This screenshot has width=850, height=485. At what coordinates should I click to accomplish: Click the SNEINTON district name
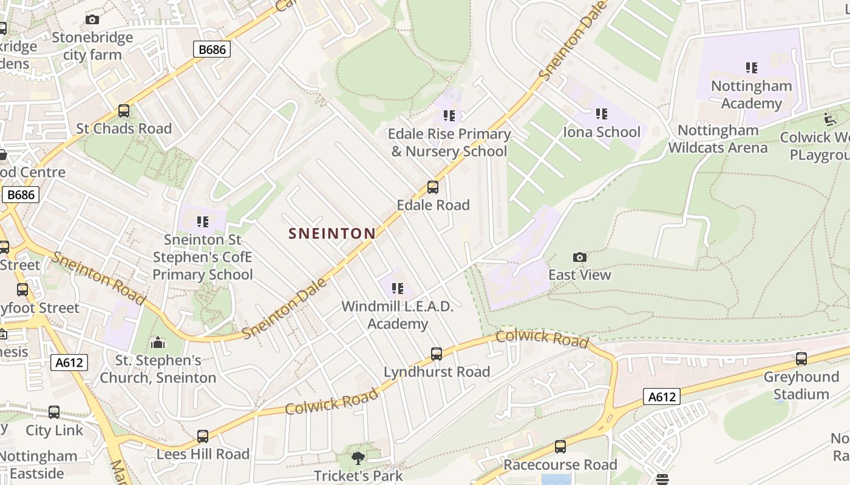332,233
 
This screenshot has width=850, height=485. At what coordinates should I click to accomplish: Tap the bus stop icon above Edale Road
432,187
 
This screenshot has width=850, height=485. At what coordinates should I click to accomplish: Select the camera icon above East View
580,258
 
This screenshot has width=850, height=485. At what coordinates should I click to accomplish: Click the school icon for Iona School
601,114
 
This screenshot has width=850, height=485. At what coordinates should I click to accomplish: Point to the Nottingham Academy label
751,95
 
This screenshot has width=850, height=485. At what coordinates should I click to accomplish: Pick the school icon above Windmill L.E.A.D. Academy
398,289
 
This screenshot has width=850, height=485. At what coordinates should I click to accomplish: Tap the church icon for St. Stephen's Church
158,343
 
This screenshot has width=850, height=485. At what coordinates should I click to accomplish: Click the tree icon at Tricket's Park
358,458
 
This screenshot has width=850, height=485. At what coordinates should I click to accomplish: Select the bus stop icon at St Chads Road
124,111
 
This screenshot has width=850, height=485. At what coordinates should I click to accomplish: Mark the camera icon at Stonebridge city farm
92,20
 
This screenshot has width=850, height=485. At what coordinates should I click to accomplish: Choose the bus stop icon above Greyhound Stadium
801,359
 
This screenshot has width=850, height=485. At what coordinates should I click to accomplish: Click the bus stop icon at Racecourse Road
560,447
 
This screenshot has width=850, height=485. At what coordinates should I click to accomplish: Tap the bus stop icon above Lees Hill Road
202,436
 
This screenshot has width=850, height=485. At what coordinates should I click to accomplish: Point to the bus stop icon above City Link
54,413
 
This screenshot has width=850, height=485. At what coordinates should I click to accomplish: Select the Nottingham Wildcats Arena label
718,139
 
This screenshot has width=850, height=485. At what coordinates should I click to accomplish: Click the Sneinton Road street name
97,278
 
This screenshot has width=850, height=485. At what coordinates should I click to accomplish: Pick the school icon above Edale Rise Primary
449,116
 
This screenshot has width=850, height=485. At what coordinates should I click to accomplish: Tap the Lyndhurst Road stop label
437,372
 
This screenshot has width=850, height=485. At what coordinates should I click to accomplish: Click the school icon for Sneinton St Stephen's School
202,222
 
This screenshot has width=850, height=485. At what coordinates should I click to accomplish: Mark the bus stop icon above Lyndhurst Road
436,354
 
